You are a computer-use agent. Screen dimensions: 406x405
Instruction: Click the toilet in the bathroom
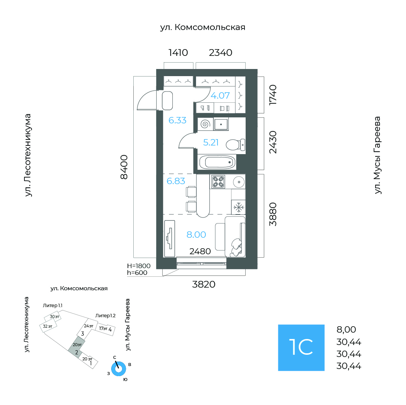(235, 145)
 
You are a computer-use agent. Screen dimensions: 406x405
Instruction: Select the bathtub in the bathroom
(217, 162)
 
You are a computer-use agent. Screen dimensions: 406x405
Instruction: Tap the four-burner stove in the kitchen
(218, 181)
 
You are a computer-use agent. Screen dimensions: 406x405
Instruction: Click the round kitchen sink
(239, 182)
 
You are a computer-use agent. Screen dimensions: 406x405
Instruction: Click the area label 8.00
(196, 235)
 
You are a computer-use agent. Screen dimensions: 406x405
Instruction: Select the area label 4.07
(220, 96)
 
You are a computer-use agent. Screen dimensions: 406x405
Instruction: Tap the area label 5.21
(211, 142)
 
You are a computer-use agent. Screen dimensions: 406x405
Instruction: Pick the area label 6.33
(177, 120)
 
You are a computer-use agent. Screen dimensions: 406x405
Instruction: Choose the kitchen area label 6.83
(176, 181)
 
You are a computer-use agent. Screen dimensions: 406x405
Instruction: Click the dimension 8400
(124, 167)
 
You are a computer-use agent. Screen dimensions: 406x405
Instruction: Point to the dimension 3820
(204, 284)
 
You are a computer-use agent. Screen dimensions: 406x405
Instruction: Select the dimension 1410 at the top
(178, 53)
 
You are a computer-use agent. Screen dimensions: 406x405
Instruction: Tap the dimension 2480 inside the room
(200, 251)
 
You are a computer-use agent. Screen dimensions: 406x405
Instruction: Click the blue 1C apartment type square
(301, 348)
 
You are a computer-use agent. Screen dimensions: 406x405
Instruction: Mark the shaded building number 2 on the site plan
(76, 352)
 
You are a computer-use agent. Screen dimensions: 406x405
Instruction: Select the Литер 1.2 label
(106, 316)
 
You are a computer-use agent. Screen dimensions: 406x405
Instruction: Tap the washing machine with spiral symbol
(205, 124)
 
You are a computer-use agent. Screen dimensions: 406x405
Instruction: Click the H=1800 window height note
(139, 266)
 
